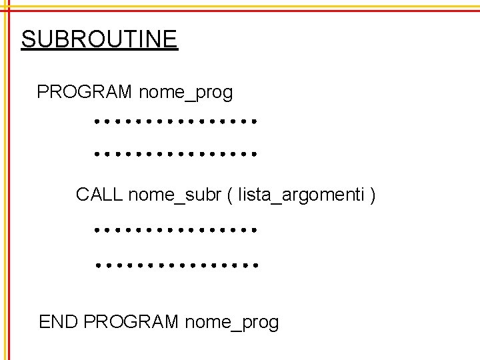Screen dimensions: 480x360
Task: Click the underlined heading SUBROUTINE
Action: pyautogui.click(x=99, y=39)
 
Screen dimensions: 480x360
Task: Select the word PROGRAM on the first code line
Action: pyautogui.click(x=85, y=92)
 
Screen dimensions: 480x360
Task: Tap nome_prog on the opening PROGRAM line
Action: pyautogui.click(x=186, y=92)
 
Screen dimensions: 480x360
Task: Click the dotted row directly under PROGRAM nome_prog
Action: pyautogui.click(x=175, y=122)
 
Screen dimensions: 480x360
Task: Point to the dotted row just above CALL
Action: pyautogui.click(x=175, y=153)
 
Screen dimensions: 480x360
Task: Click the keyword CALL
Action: pyautogui.click(x=99, y=195)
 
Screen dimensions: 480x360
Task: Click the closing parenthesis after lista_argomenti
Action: pyautogui.click(x=373, y=195)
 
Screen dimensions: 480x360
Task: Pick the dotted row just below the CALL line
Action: pyautogui.click(x=175, y=230)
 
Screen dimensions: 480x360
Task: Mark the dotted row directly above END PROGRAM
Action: pyautogui.click(x=175, y=265)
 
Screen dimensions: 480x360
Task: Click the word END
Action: pyautogui.click(x=59, y=323)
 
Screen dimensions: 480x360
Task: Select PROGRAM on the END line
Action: pyautogui.click(x=131, y=323)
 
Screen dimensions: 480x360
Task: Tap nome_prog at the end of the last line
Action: pyautogui.click(x=232, y=323)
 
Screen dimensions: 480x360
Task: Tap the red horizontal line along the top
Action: pyautogui.click(x=240, y=11)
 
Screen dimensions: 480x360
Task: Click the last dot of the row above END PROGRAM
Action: pyautogui.click(x=255, y=265)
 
